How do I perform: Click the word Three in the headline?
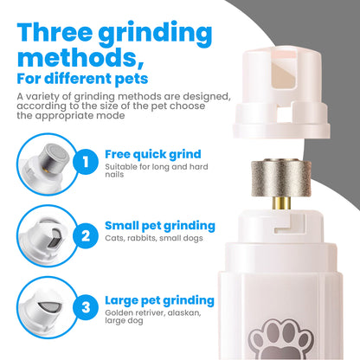pos(55,32)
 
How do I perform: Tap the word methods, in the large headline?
pos(80,58)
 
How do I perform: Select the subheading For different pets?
pos(82,79)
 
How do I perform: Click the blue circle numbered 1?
pos(86,162)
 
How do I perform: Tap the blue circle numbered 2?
pos(86,235)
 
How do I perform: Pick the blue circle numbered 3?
pos(86,307)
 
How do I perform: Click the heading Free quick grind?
pos(153,155)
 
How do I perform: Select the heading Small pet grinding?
pos(160,226)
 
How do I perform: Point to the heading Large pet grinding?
pos(159,300)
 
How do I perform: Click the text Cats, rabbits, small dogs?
pos(154,238)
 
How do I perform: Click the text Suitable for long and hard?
pos(157,167)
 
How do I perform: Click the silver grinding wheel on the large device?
pos(281,178)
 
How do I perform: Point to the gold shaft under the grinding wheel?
pos(281,203)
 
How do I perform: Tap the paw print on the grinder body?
pos(281,340)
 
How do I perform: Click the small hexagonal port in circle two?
pos(54,238)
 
